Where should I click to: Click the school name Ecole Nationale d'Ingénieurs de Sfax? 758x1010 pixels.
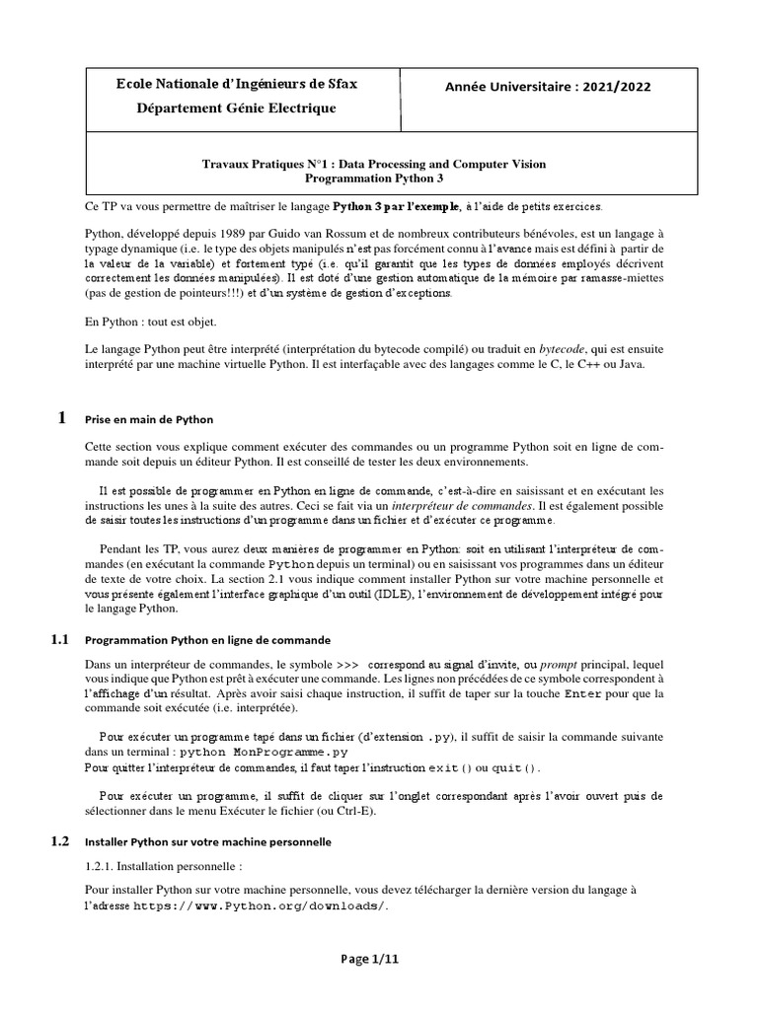tap(236, 85)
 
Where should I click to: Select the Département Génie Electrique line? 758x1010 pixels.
tap(236, 108)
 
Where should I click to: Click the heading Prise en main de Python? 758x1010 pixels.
tap(149, 419)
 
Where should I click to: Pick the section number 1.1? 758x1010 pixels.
tap(59, 639)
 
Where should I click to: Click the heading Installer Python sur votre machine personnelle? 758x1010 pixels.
tap(208, 842)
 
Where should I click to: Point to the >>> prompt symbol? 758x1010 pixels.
tap(353, 665)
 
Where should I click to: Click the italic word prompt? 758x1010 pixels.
tap(556, 665)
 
